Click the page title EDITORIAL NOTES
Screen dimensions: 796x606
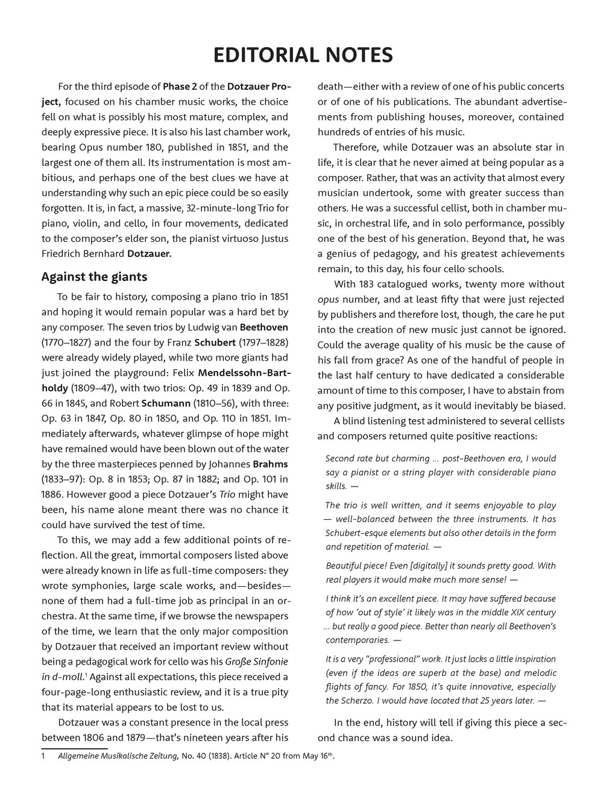(303, 55)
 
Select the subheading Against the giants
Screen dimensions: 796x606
(94, 277)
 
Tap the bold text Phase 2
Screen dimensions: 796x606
(183, 87)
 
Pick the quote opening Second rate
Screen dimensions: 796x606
(350, 458)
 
